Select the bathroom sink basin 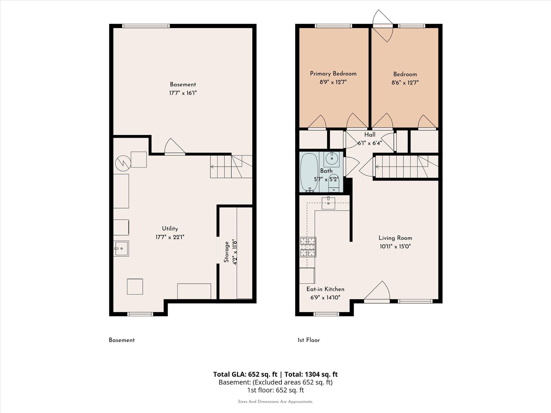tap(332, 158)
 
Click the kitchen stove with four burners tap(308, 247)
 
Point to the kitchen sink tap(329, 203)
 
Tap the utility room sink tap(121, 248)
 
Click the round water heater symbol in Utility tap(123, 163)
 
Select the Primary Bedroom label tap(333, 74)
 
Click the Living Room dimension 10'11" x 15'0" tap(395, 246)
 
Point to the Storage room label tap(227, 252)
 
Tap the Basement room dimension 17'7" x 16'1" tap(183, 93)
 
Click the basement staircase tap(231, 167)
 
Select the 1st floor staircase tap(406, 167)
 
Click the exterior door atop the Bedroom tap(383, 26)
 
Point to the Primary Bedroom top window tap(333, 26)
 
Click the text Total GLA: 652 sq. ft tap(245, 374)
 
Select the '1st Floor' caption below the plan tap(309, 340)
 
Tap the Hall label tap(370, 135)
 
